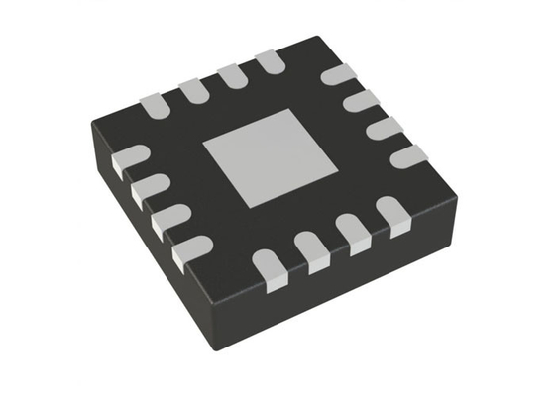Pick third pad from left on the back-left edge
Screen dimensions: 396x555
[231, 76]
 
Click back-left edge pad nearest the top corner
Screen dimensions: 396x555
[269, 63]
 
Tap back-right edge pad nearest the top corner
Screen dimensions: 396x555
[340, 74]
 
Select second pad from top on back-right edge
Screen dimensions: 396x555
[362, 101]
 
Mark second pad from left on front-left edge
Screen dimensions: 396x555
[148, 188]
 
